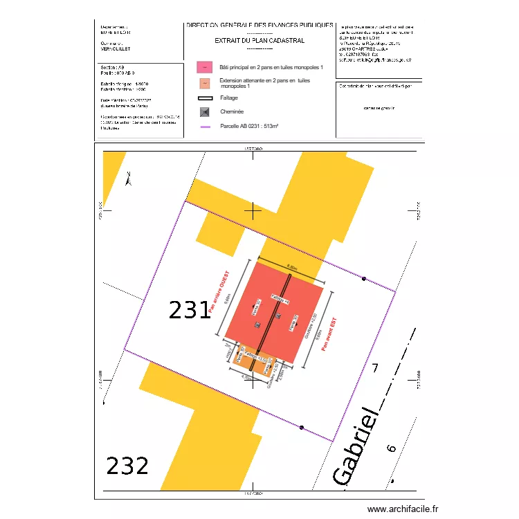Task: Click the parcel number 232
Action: coord(127,466)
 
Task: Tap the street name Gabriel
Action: coord(357,446)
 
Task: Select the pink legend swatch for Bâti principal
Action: coord(205,67)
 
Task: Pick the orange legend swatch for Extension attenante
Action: coord(205,84)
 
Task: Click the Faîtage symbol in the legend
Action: coord(205,98)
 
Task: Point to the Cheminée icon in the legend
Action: coord(205,112)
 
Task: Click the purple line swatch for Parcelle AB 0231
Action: coord(205,127)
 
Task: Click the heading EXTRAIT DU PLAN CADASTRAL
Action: coord(259,41)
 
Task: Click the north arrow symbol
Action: coord(128,179)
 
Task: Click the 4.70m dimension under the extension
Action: coord(246,378)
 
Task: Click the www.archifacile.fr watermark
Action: coord(403,509)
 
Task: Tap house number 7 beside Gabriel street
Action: coord(376,368)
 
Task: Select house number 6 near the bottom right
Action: coord(392,449)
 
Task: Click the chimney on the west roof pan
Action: coord(256,324)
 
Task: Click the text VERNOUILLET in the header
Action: coord(115,49)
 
